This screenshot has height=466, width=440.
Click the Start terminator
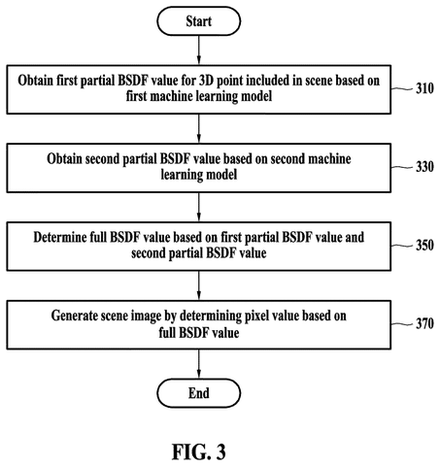click(199, 21)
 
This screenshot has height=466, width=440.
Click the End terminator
click(199, 393)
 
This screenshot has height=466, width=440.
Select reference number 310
click(424, 88)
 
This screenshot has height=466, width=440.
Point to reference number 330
click(424, 167)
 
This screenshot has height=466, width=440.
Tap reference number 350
click(424, 246)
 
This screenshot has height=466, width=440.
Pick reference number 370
click(424, 323)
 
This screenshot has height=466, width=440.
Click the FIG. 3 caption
click(199, 451)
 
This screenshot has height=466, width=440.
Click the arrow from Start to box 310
click(199, 50)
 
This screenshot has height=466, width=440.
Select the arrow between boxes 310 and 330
click(199, 128)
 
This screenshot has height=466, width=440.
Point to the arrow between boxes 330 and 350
click(199, 207)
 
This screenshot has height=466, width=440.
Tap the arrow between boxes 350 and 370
click(199, 285)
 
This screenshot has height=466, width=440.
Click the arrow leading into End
click(199, 364)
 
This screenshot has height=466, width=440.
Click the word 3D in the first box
click(206, 81)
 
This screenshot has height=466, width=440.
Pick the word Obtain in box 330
click(64, 159)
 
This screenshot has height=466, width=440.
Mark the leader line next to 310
click(402, 88)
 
